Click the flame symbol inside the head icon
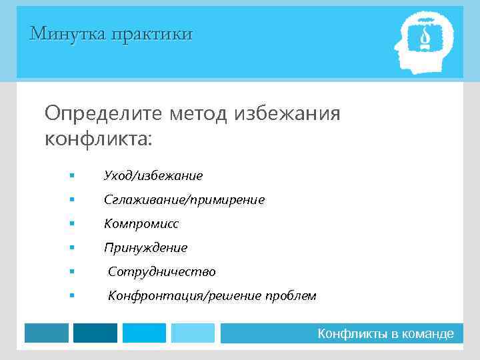pyautogui.click(x=424, y=39)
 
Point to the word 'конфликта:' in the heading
pyautogui.click(x=98, y=139)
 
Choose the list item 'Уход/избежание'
pyautogui.click(x=153, y=176)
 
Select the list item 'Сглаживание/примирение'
pyautogui.click(x=184, y=200)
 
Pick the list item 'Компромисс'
pyautogui.click(x=141, y=224)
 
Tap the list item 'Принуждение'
pyautogui.click(x=145, y=248)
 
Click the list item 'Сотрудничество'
pyautogui.click(x=161, y=272)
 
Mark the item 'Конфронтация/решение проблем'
pyautogui.click(x=212, y=296)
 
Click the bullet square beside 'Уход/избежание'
pyautogui.click(x=71, y=176)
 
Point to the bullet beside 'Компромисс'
pyautogui.click(x=71, y=224)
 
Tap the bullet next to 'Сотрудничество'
pyautogui.click(x=71, y=272)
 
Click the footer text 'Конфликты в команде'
pyautogui.click(x=385, y=333)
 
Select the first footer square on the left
pyautogui.click(x=47, y=333)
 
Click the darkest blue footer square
pyautogui.click(x=95, y=333)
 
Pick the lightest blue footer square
pyautogui.click(x=193, y=333)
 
